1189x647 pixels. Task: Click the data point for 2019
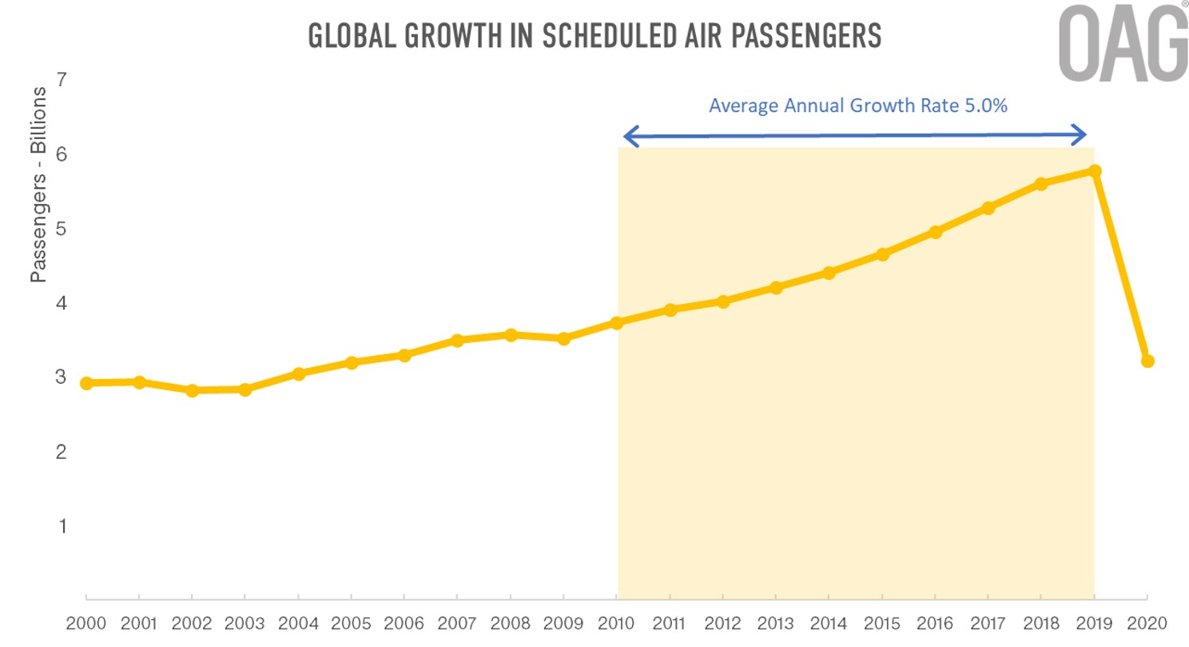[1095, 171]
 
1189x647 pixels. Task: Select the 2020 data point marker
[1147, 361]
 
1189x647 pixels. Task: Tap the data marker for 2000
[86, 383]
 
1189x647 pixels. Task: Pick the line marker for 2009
[564, 338]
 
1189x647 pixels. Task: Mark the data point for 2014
[829, 273]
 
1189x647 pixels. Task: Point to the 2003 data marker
[245, 389]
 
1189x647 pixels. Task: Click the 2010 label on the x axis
[616, 622]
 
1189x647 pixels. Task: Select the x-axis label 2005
[351, 622]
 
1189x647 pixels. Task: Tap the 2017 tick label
[988, 622]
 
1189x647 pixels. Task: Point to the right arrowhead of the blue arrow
[1080, 134]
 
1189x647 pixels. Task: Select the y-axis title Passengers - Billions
[38, 186]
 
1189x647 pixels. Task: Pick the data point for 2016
[935, 232]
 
